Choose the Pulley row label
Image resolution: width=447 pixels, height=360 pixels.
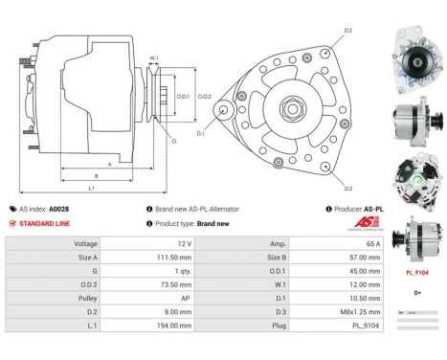(85, 299)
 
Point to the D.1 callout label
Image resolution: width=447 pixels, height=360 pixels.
(201, 133)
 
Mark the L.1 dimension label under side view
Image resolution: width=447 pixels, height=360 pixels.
(91, 188)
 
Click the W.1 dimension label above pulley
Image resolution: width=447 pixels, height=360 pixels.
(153, 59)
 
